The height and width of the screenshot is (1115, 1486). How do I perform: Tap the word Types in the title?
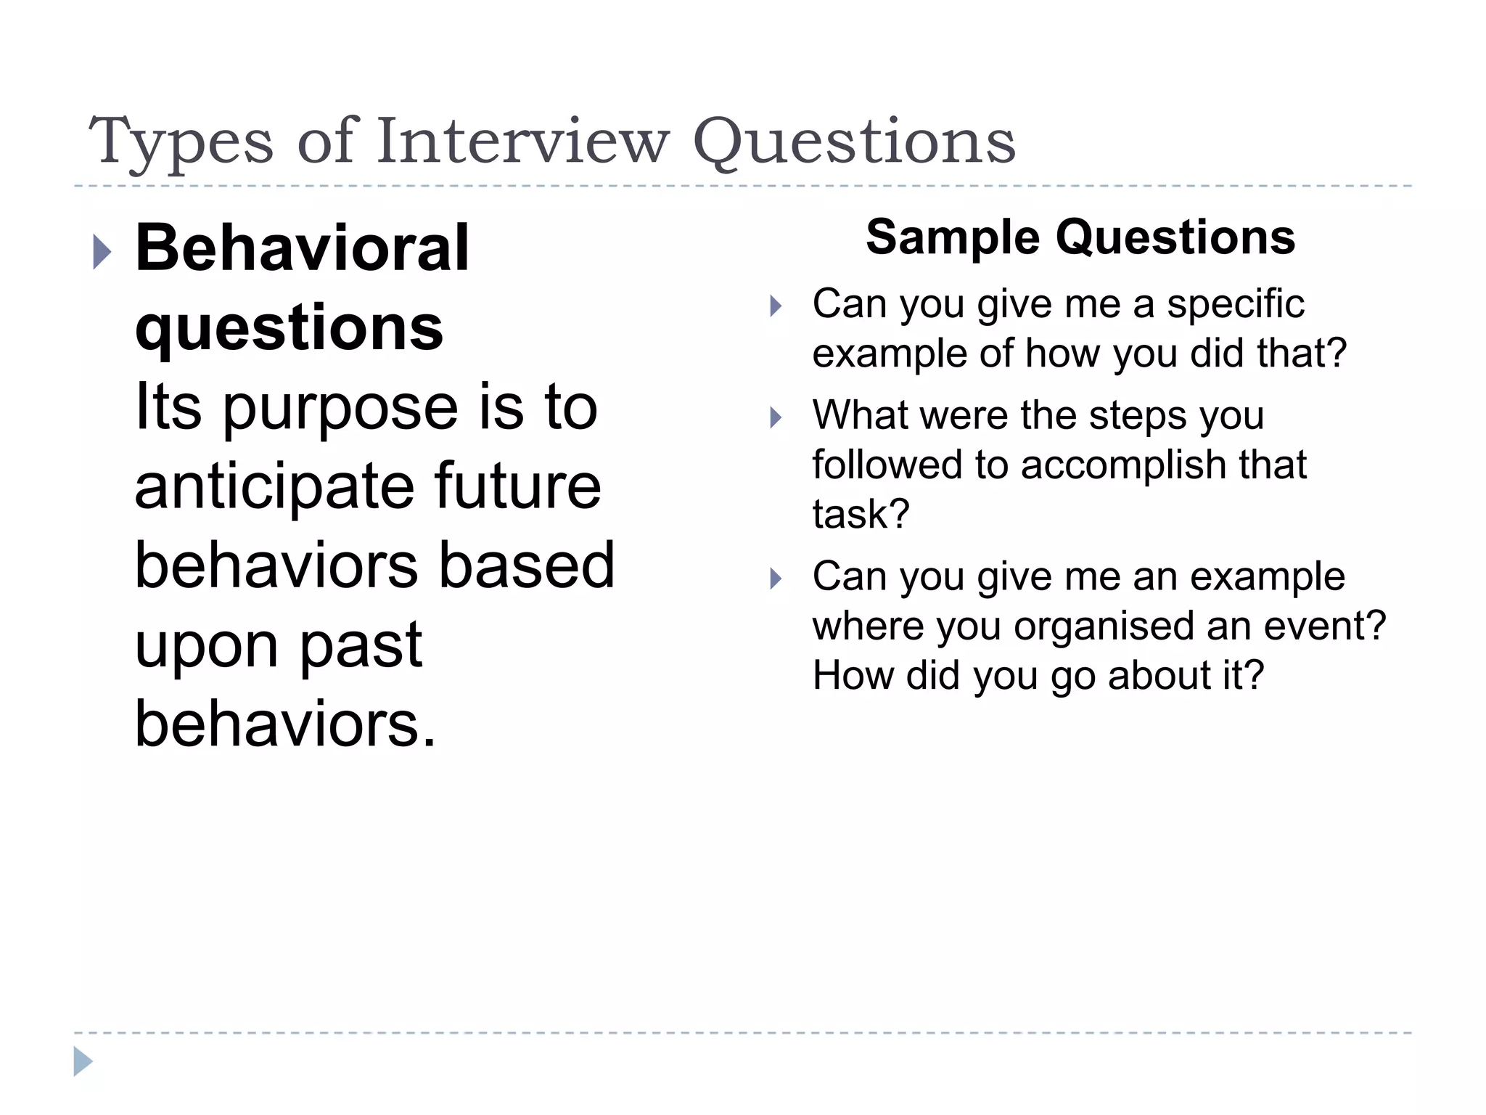(x=181, y=142)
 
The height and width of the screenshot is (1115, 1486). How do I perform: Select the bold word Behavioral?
(x=302, y=248)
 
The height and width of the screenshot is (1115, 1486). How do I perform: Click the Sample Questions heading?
(x=1080, y=237)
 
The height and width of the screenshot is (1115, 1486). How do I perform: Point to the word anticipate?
(x=273, y=486)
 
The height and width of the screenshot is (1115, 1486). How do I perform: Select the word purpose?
(x=340, y=409)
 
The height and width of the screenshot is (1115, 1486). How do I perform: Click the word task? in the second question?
(x=861, y=514)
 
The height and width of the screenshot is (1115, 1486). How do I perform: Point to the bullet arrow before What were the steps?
(x=776, y=417)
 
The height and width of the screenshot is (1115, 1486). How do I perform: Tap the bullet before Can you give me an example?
(x=776, y=579)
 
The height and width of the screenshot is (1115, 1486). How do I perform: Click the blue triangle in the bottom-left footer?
(x=83, y=1061)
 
